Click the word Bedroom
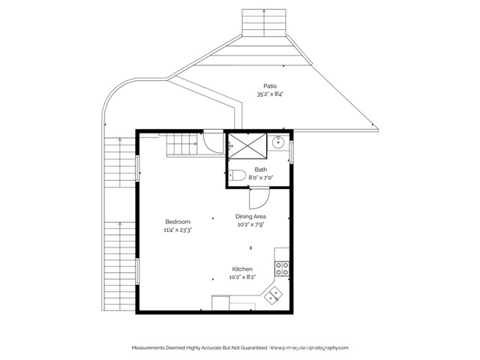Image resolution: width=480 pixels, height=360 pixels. click(178, 222)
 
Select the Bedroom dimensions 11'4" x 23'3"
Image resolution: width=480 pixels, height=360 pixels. click(178, 230)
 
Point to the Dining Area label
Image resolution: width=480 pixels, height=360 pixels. click(250, 216)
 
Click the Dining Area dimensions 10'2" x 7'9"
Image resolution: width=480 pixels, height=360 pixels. click(250, 223)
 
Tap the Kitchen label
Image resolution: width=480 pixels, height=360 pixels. click(241, 269)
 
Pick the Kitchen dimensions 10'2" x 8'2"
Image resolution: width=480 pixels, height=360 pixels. click(241, 277)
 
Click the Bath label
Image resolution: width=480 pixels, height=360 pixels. click(260, 169)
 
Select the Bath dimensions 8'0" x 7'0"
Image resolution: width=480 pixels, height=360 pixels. click(260, 177)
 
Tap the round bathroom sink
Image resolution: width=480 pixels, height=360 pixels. click(279, 142)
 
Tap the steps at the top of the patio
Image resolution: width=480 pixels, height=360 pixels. click(265, 22)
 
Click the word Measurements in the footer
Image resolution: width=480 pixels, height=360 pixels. click(154, 348)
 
